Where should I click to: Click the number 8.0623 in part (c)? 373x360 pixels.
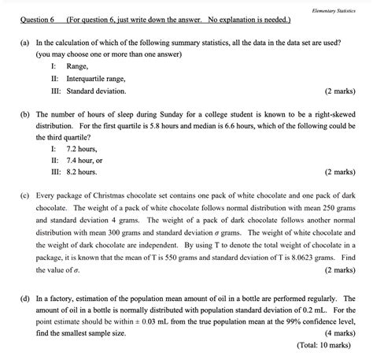tap(308, 257)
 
